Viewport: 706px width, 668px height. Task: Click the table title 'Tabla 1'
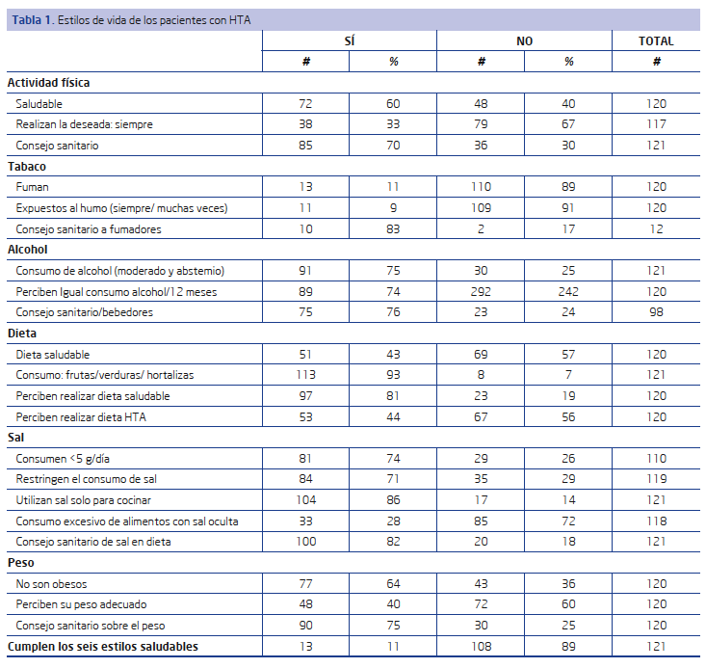32,20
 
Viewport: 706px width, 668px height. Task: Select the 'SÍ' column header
350,41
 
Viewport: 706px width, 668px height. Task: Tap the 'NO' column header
525,41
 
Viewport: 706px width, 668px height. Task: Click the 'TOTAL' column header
656,41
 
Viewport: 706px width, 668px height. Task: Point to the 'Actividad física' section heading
48,83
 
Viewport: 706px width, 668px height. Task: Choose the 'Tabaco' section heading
27,167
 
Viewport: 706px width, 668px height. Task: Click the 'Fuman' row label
32,187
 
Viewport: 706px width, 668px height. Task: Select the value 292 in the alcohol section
481,292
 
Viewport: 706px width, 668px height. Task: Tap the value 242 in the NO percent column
568,292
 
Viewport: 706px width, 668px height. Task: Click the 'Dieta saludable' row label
53,355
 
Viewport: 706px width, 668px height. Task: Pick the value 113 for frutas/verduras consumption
305,375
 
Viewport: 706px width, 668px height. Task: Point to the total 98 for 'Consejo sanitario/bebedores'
656,312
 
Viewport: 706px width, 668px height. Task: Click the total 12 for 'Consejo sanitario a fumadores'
656,229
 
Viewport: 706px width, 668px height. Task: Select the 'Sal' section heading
15,438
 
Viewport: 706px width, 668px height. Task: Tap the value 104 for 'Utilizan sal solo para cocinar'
305,500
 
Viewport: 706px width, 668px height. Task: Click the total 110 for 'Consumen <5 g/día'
656,459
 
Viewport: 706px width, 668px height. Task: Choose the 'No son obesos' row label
51,584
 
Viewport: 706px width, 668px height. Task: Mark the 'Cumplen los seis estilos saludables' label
103,647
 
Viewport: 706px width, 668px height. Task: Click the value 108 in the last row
481,647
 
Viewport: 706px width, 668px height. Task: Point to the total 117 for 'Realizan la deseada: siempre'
656,124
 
